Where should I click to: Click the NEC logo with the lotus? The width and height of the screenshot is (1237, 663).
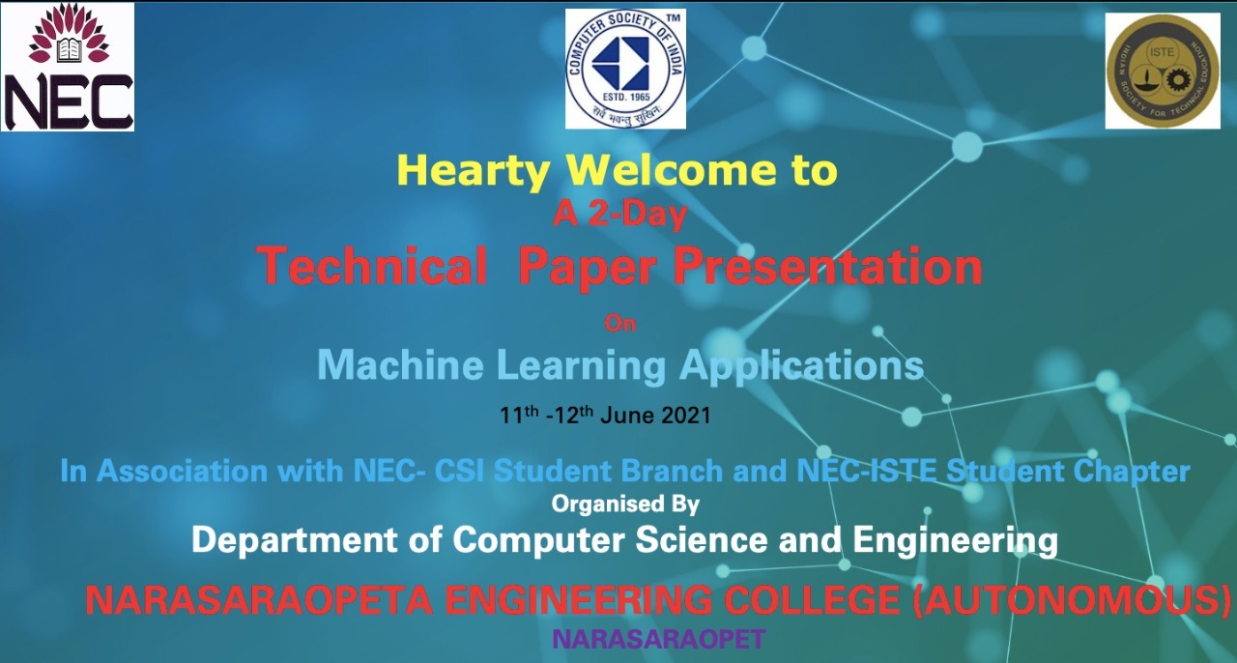click(68, 67)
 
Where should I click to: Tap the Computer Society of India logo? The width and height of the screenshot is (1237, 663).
click(625, 69)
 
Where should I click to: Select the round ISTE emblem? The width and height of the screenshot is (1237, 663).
click(1163, 71)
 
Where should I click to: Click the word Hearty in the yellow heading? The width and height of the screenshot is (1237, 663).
click(474, 171)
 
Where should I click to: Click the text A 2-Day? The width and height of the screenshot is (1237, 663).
click(619, 215)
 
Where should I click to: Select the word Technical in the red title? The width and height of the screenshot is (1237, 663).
click(372, 264)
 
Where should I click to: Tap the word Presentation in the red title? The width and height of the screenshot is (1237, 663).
click(828, 264)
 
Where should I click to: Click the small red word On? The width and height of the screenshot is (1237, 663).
click(620, 323)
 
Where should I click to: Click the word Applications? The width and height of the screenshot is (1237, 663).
click(801, 365)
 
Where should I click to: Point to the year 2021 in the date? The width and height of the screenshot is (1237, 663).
click(686, 417)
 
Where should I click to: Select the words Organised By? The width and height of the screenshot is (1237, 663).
click(625, 504)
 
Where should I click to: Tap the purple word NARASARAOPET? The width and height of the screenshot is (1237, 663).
click(659, 639)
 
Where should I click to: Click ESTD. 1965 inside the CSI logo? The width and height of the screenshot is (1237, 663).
click(625, 97)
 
